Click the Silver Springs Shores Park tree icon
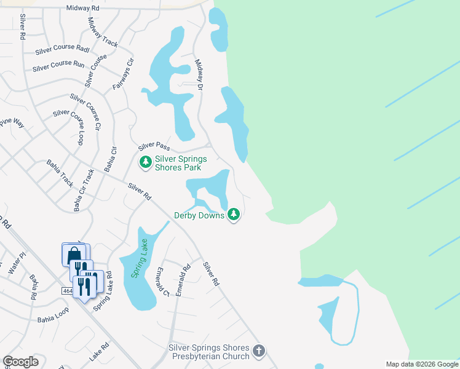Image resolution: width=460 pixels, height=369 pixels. tap(146, 162)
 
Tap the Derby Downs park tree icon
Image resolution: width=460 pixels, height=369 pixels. tap(233, 215)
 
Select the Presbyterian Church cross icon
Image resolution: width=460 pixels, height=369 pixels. tap(259, 351)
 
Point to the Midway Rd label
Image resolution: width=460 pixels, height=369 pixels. tap(83, 8)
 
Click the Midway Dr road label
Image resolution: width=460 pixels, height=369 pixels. tap(199, 75)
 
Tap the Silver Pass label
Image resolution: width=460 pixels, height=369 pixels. tap(154, 146)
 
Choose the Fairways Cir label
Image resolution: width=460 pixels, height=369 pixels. tap(123, 74)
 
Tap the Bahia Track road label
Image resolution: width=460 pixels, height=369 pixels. tap(60, 173)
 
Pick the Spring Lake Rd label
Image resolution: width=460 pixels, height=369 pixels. tap(102, 290)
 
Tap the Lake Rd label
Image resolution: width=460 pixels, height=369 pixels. tap(98, 352)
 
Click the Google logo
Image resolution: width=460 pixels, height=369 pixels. tap(20, 362)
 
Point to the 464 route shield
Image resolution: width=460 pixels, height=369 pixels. tap(68, 290)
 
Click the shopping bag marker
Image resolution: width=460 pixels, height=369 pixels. tap(73, 253)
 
